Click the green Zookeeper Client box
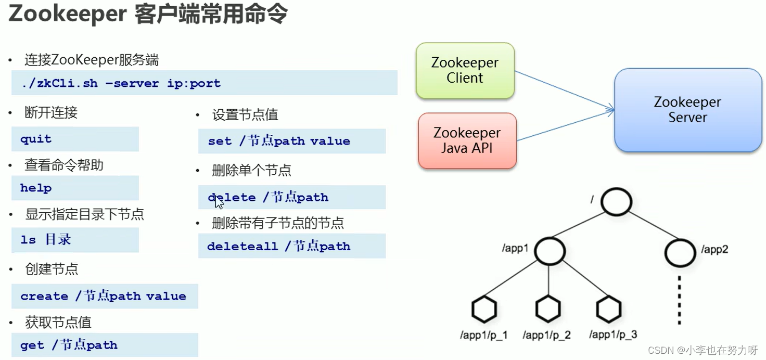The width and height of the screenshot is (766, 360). (465, 70)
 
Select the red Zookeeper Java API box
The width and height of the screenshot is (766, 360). (467, 140)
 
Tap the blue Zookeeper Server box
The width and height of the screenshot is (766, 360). (687, 110)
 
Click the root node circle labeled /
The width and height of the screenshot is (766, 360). (616, 201)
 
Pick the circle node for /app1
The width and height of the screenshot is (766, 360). (550, 251)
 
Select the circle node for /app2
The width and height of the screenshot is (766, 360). (680, 253)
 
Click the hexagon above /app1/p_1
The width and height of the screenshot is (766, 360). (484, 309)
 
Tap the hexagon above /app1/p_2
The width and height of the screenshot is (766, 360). (548, 309)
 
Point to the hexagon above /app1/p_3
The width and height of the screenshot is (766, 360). (609, 309)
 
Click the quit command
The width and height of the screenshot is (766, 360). (36, 139)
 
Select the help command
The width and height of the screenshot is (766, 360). (36, 188)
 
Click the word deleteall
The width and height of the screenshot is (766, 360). (242, 246)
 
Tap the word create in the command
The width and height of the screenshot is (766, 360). (44, 296)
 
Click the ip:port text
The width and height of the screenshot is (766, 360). (194, 83)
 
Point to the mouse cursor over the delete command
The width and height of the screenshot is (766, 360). (219, 202)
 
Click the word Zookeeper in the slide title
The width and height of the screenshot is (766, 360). (68, 15)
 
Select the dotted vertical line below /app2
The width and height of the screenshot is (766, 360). (679, 300)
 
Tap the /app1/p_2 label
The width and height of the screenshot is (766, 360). (546, 335)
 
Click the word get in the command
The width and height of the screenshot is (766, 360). (32, 345)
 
